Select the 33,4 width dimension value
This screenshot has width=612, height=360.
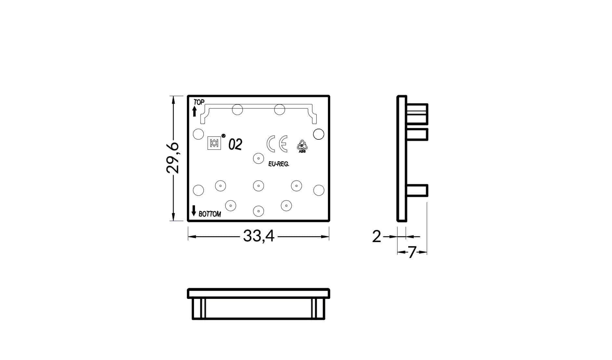259,236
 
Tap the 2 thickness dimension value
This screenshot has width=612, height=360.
376,237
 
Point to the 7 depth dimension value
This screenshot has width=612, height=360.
412,252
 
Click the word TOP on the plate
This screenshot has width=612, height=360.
199,102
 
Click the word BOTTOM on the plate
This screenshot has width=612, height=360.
210,214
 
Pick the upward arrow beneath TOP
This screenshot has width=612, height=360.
194,111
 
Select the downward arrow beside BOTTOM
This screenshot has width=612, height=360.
194,211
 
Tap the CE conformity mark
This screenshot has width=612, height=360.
277,144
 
